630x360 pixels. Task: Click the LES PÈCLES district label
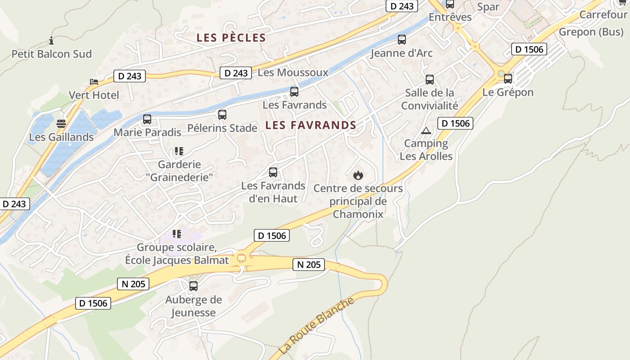(231, 38)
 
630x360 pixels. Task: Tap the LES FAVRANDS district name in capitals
(310, 125)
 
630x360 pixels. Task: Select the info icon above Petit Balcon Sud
(51, 41)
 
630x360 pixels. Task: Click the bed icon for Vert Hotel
(94, 82)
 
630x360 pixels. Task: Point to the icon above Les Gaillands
(61, 124)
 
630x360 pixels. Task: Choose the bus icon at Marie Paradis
(147, 119)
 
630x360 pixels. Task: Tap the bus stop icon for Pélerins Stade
(222, 115)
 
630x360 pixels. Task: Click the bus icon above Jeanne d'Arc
(402, 40)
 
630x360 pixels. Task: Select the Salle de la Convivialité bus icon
(430, 80)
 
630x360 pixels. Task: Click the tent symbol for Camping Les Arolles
(426, 131)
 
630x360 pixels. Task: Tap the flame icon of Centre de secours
(358, 175)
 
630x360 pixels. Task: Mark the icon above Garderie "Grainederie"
(179, 151)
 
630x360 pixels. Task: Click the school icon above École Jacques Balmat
(177, 234)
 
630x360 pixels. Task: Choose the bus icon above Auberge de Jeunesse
(193, 286)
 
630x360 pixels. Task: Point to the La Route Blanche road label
(316, 326)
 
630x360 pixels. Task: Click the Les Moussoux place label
(293, 72)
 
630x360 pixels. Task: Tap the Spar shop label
(488, 7)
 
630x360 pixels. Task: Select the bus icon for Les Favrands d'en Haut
(273, 172)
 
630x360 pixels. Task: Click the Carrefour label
(603, 15)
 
